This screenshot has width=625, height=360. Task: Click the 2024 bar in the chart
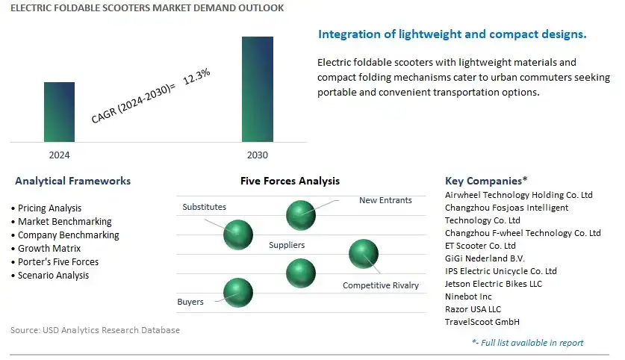59,112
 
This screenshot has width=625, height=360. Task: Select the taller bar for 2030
258,90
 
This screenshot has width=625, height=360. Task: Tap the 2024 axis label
59,155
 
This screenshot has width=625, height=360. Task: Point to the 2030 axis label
258,155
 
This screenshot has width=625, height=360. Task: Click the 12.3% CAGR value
197,76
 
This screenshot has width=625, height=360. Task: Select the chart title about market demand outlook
147,8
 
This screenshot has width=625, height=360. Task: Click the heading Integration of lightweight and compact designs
453,34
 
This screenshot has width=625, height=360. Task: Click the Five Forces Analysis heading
290,181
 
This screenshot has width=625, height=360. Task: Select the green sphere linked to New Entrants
301,215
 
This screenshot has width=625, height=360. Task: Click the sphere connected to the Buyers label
238,293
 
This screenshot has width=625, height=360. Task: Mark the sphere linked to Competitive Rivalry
364,254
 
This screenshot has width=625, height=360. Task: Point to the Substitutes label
204,207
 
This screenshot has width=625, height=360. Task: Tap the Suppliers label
287,245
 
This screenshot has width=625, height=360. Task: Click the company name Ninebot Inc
468,297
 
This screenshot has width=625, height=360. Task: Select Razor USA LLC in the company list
473,309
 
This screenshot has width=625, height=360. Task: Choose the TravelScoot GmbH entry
482,322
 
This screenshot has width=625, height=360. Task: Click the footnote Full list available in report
528,343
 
